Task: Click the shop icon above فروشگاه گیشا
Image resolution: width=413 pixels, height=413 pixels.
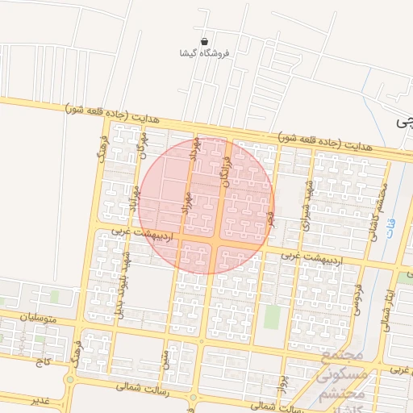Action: tap(205, 40)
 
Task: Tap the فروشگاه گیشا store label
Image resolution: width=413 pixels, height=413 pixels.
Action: tap(205, 53)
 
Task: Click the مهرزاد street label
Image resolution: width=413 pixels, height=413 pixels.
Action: tap(186, 202)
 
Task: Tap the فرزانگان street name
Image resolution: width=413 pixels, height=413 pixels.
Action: tap(227, 171)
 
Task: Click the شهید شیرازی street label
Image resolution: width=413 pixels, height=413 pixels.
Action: tap(307, 202)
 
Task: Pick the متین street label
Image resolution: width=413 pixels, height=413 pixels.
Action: tap(165, 355)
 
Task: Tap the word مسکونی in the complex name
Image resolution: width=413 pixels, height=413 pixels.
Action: tap(342, 375)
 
